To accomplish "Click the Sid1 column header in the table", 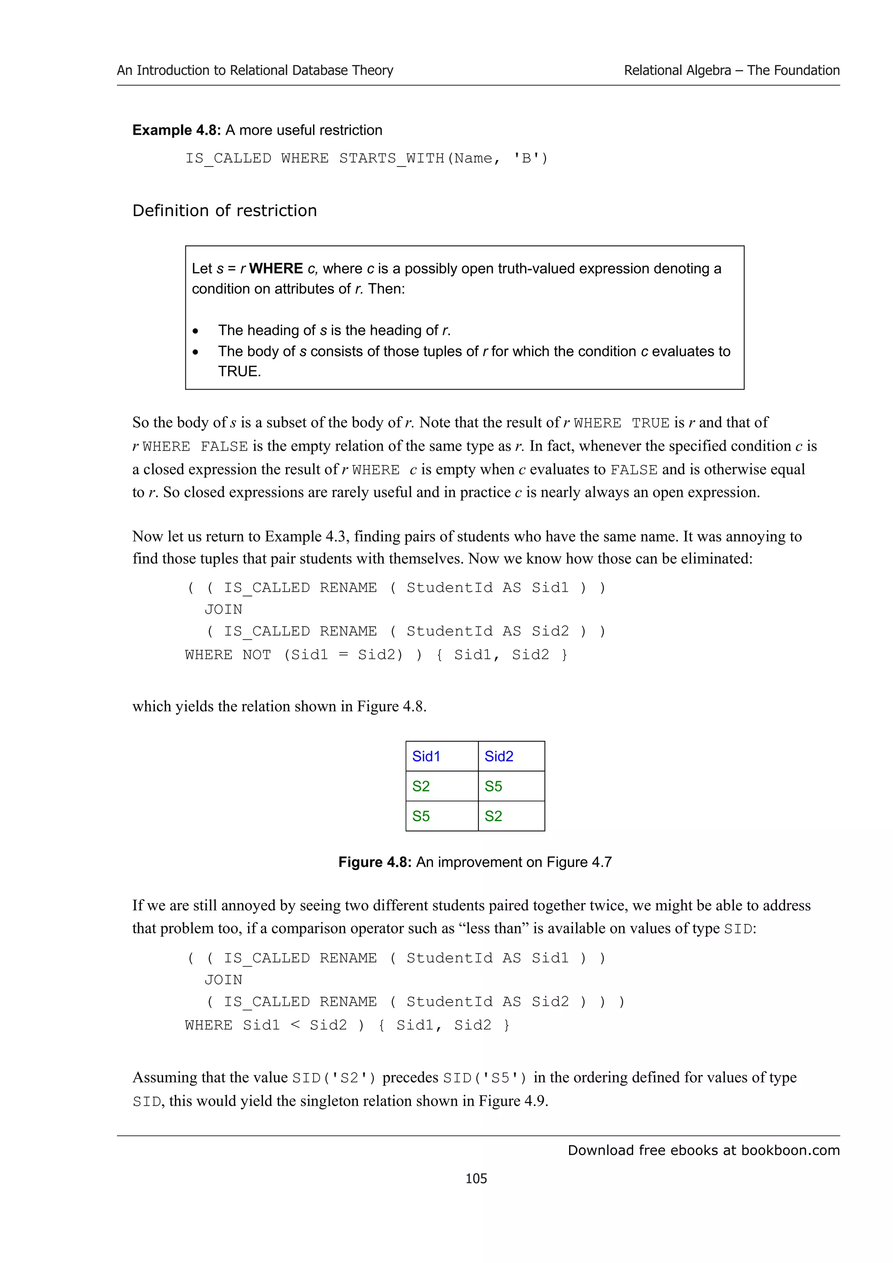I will pos(426,757).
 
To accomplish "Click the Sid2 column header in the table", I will pos(498,757).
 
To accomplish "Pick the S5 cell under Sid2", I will pos(493,786).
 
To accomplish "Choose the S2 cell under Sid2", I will pos(493,816).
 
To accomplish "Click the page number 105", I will pos(476,1178).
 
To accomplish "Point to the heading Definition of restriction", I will pos(225,210).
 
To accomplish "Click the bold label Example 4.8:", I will pos(177,130).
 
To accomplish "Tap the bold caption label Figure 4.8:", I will pos(375,862).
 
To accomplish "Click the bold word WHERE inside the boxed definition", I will pos(276,268).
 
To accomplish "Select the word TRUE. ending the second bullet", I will pos(239,371).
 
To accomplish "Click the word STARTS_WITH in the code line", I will pos(392,159).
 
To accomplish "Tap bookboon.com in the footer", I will pos(790,1150).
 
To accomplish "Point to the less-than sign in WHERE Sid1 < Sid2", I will pos(295,1024).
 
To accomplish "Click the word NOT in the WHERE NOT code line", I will pos(256,655).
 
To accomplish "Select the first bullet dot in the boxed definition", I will pos(195,331).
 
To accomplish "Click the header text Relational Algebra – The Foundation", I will pos(731,71).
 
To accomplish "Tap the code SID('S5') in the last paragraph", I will pos(485,1078).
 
